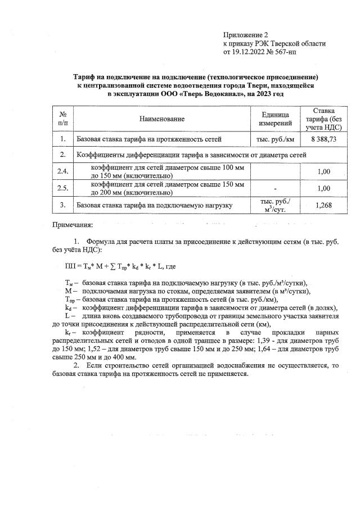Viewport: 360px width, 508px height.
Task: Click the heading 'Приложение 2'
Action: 246,35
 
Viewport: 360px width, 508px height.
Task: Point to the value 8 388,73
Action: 323,138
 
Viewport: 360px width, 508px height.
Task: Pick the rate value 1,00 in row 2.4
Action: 323,171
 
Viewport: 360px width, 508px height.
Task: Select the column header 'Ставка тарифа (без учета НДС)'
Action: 323,119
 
